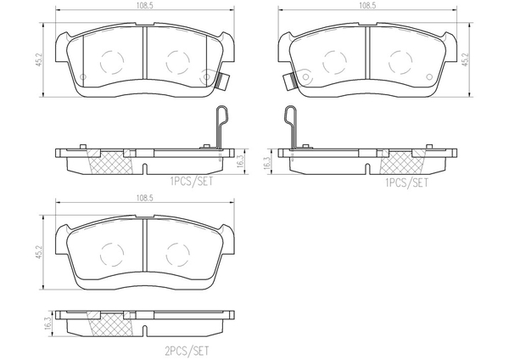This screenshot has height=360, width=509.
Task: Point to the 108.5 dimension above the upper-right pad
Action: [367, 6]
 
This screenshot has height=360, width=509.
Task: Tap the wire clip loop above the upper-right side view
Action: [288, 121]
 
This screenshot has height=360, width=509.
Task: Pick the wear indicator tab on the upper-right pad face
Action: [288, 82]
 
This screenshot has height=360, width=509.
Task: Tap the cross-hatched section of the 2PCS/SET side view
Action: [108, 323]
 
